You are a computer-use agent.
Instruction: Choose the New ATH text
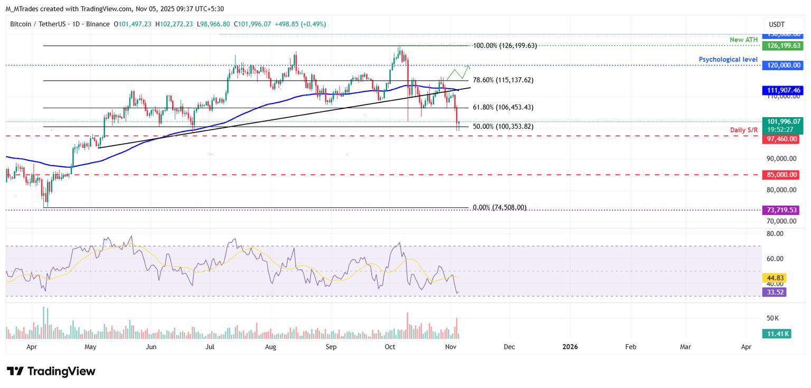[743, 40]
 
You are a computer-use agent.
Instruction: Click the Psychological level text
[728, 60]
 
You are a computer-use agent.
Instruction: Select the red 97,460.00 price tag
[780, 139]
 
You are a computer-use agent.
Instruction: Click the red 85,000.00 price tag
[780, 175]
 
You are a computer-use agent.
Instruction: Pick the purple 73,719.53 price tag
[780, 210]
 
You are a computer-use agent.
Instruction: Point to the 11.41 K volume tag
[776, 334]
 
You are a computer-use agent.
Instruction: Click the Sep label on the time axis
[331, 347]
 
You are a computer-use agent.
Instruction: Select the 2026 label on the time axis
[570, 347]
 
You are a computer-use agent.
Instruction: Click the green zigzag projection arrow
[458, 73]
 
